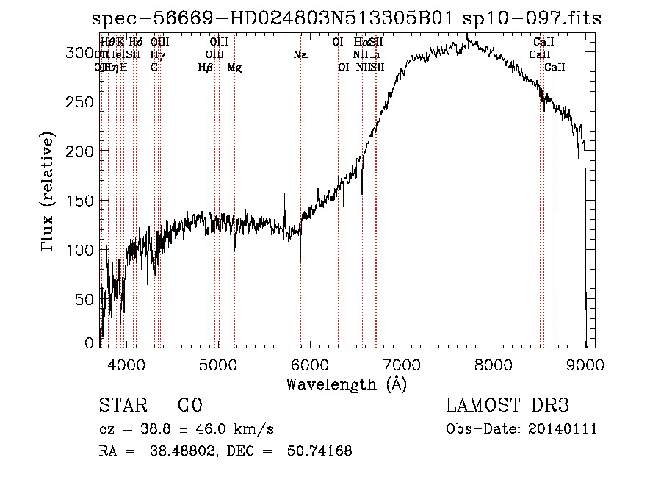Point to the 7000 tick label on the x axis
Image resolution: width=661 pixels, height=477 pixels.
click(401, 363)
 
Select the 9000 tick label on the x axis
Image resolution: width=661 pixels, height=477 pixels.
click(585, 363)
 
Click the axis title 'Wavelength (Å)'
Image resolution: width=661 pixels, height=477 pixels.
click(346, 384)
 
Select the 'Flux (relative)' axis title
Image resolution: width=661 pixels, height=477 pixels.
click(49, 193)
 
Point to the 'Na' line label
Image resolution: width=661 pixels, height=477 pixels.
click(300, 55)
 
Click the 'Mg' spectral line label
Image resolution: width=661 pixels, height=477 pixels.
click(234, 68)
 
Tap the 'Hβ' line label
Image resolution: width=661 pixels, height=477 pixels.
click(206, 68)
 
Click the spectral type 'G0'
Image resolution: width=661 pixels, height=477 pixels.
click(190, 406)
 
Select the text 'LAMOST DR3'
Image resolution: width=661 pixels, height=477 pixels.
click(508, 406)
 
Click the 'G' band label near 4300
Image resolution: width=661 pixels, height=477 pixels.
click(154, 68)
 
